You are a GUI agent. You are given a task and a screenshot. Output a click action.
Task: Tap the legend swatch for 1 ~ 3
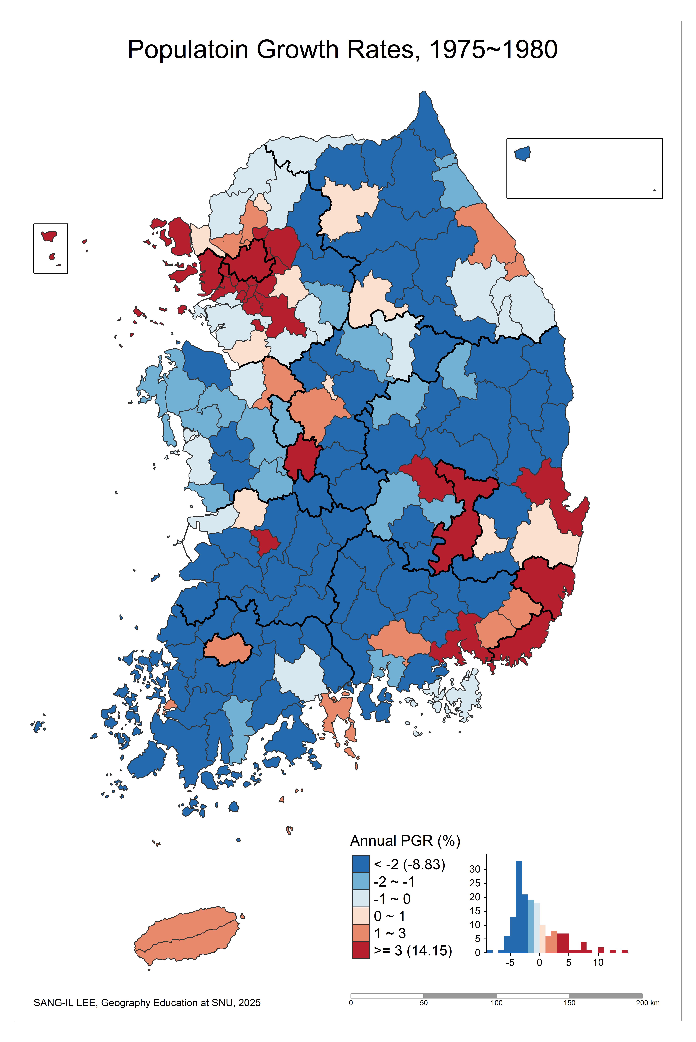click(360, 933)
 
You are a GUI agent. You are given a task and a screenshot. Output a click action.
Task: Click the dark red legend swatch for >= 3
click(360, 950)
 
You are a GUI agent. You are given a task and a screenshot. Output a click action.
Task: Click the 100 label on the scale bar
click(496, 1003)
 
